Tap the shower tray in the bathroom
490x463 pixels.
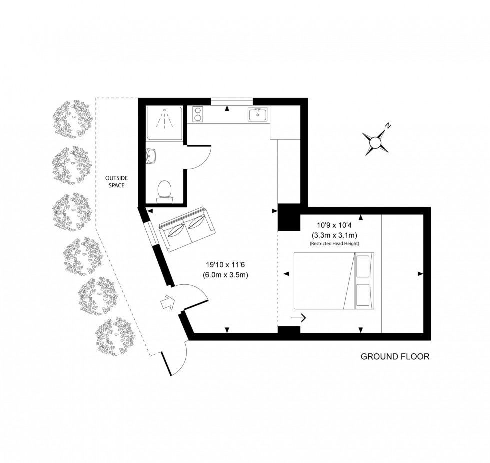click(x=164, y=123)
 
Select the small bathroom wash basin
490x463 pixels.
click(x=152, y=156)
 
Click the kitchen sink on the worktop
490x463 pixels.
click(x=258, y=114)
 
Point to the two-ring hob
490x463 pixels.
click(x=198, y=114)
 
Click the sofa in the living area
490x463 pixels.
click(x=187, y=229)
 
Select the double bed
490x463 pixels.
click(x=334, y=281)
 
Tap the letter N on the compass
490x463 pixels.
click(x=388, y=126)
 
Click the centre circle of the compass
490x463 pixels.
click(x=375, y=143)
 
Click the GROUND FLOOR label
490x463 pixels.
click(x=395, y=357)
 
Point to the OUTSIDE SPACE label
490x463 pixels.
click(x=116, y=182)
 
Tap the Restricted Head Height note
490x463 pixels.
click(x=334, y=243)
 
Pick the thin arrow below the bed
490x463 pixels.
click(x=298, y=318)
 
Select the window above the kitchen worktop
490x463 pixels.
click(x=231, y=102)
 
